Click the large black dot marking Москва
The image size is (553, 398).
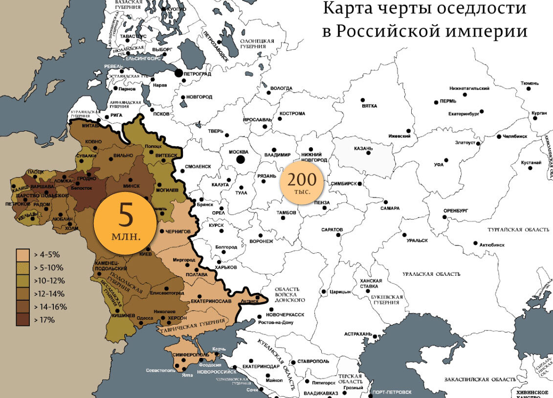(x=240, y=159)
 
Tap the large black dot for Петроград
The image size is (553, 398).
(x=179, y=73)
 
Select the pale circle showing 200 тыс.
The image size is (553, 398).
(x=302, y=182)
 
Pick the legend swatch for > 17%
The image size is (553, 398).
(x=22, y=320)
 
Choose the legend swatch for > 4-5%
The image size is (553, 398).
(x=22, y=255)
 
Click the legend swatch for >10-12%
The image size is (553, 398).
(x=22, y=281)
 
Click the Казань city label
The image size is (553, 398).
(x=363, y=148)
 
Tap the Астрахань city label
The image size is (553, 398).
(x=358, y=334)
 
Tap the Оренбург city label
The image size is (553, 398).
(x=456, y=211)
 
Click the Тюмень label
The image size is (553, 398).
(x=530, y=83)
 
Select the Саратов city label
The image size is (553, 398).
(x=332, y=229)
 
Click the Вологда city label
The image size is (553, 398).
(x=281, y=88)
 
